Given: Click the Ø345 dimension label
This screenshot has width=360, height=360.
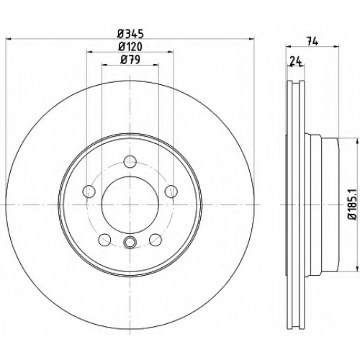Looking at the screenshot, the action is click(x=130, y=34).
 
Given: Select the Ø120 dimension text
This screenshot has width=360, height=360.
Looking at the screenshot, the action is click(x=130, y=47).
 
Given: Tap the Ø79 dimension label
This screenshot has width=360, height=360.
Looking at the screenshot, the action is click(x=130, y=60).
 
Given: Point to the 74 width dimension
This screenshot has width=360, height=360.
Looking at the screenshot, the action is click(x=312, y=42).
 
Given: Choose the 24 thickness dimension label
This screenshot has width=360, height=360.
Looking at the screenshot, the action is click(x=296, y=61).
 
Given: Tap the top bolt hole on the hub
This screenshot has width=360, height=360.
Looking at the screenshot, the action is click(x=130, y=162).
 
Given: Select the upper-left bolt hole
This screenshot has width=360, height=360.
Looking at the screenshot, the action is click(x=89, y=192).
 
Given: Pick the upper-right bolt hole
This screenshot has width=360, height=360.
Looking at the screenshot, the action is click(x=171, y=192).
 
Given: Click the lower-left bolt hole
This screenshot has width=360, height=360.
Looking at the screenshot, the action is click(x=104, y=240).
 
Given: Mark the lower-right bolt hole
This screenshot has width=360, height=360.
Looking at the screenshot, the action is click(x=156, y=240).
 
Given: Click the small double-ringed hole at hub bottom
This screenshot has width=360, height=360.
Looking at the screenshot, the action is click(x=130, y=242).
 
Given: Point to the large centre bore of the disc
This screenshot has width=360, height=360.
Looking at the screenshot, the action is click(x=130, y=204).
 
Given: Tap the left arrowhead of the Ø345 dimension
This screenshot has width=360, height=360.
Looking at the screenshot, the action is click(x=9, y=38).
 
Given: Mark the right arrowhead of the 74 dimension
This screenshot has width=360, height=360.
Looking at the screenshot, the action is click(x=336, y=46).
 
